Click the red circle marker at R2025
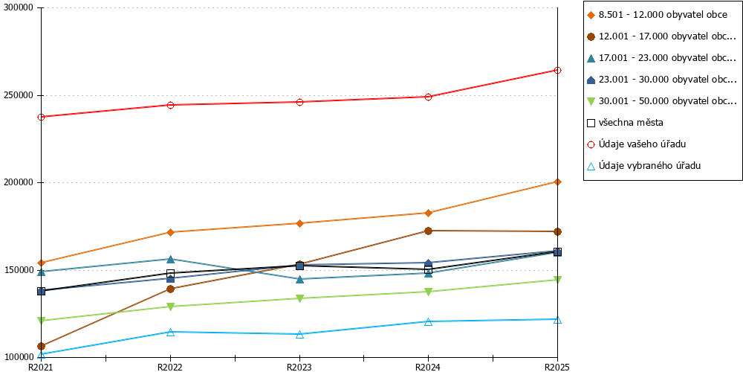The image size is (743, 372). point(558,70)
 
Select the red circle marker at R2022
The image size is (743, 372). point(171,105)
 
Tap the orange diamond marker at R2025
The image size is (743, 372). point(558,182)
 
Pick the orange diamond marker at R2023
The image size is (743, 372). point(299,223)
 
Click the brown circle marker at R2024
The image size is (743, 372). point(429,231)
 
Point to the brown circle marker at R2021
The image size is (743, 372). point(41,347)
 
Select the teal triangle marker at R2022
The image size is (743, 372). point(171,259)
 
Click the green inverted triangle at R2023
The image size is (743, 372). point(299,298)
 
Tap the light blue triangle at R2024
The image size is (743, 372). point(429,321)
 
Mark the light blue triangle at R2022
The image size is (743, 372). point(171,332)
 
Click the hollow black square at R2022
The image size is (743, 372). point(171,273)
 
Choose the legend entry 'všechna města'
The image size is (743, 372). point(625,123)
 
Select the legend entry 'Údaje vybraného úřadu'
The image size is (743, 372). point(643,166)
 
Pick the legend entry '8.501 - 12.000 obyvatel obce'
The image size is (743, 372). point(657,15)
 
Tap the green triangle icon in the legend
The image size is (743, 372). point(591,101)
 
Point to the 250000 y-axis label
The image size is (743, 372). point(19,95)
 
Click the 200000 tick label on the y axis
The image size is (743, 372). point(19,183)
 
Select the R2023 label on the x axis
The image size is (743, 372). point(299,367)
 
